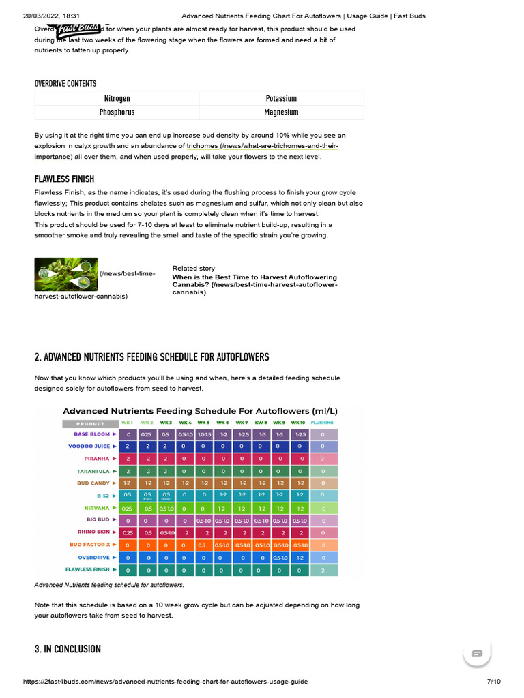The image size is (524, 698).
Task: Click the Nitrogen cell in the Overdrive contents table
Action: (117, 99)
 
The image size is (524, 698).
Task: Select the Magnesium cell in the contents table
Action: (281, 112)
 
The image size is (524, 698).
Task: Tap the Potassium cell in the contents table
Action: (281, 99)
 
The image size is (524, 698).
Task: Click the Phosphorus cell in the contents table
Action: (117, 112)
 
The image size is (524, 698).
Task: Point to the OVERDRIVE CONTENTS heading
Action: (65, 84)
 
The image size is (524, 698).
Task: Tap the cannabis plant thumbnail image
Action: (66, 274)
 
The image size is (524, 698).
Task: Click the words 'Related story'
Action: (193, 269)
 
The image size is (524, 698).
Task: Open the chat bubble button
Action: (477, 653)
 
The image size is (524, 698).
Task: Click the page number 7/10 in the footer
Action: (493, 682)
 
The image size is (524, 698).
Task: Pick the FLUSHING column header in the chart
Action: (323, 423)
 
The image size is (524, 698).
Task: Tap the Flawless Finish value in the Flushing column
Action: (323, 569)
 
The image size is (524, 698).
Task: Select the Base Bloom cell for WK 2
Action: (146, 434)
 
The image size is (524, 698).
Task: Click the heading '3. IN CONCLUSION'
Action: (68, 649)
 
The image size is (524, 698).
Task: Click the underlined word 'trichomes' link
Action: (202, 146)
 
